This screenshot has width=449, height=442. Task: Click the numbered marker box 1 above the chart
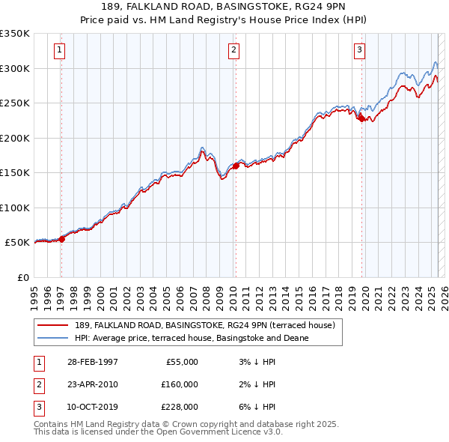coord(59,50)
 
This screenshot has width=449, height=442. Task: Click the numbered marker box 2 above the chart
coord(233,50)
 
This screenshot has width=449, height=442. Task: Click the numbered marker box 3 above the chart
coord(359,50)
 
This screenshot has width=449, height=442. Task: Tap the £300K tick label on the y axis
coord(15,68)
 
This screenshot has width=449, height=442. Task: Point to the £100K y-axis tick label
coord(15,208)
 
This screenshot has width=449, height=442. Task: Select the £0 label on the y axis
coord(22,277)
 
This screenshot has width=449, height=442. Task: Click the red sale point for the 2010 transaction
coord(236,166)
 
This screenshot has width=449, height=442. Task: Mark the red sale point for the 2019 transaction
coord(361,118)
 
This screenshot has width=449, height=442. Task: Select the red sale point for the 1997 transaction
coord(62,239)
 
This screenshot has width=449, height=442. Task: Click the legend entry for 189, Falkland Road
coord(210,325)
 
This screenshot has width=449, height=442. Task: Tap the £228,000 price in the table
coord(180,407)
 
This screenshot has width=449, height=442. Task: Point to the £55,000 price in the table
coord(182,362)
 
